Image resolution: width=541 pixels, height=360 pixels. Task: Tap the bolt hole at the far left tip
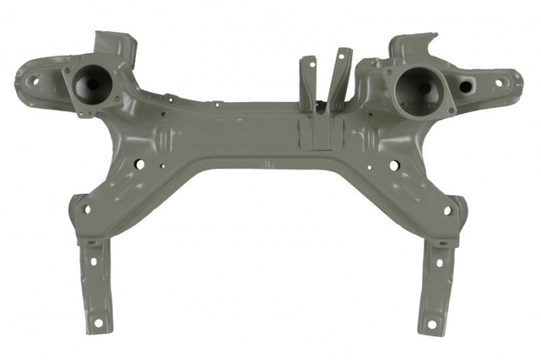tap(34, 79)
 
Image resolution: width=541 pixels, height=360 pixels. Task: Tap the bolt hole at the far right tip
tap(498, 82)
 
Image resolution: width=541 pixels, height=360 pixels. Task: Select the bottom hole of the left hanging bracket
tap(98, 320)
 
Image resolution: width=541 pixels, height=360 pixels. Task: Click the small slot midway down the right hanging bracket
tap(438, 263)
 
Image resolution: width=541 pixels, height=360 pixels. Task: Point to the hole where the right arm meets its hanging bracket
tap(447, 210)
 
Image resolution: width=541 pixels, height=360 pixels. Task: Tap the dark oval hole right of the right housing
tap(465, 87)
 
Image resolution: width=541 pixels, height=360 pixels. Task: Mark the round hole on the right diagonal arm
tap(394, 165)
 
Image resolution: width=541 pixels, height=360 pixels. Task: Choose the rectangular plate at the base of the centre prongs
tap(316, 129)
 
